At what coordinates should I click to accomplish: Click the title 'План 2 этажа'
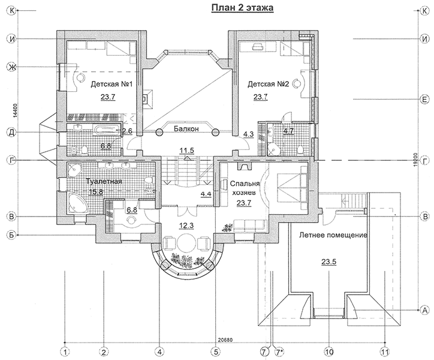(x=242, y=8)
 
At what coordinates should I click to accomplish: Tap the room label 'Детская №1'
(x=112, y=83)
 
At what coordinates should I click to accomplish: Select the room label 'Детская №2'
(x=268, y=83)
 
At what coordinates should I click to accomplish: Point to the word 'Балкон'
(x=186, y=128)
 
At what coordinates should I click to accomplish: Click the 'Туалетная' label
(x=104, y=182)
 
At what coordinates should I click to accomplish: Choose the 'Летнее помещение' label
(x=333, y=235)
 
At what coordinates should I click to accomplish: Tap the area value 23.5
(x=329, y=262)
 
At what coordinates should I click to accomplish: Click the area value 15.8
(x=96, y=191)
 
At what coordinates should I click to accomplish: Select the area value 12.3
(x=186, y=226)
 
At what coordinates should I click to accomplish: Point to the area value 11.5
(x=186, y=151)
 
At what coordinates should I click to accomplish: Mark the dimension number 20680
(x=225, y=340)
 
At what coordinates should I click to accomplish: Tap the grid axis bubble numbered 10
(x=329, y=352)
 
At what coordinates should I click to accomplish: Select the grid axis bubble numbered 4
(x=159, y=352)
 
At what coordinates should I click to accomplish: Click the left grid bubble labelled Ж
(x=11, y=67)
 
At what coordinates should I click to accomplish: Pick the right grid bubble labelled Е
(x=424, y=99)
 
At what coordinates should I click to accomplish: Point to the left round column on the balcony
(x=159, y=133)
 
